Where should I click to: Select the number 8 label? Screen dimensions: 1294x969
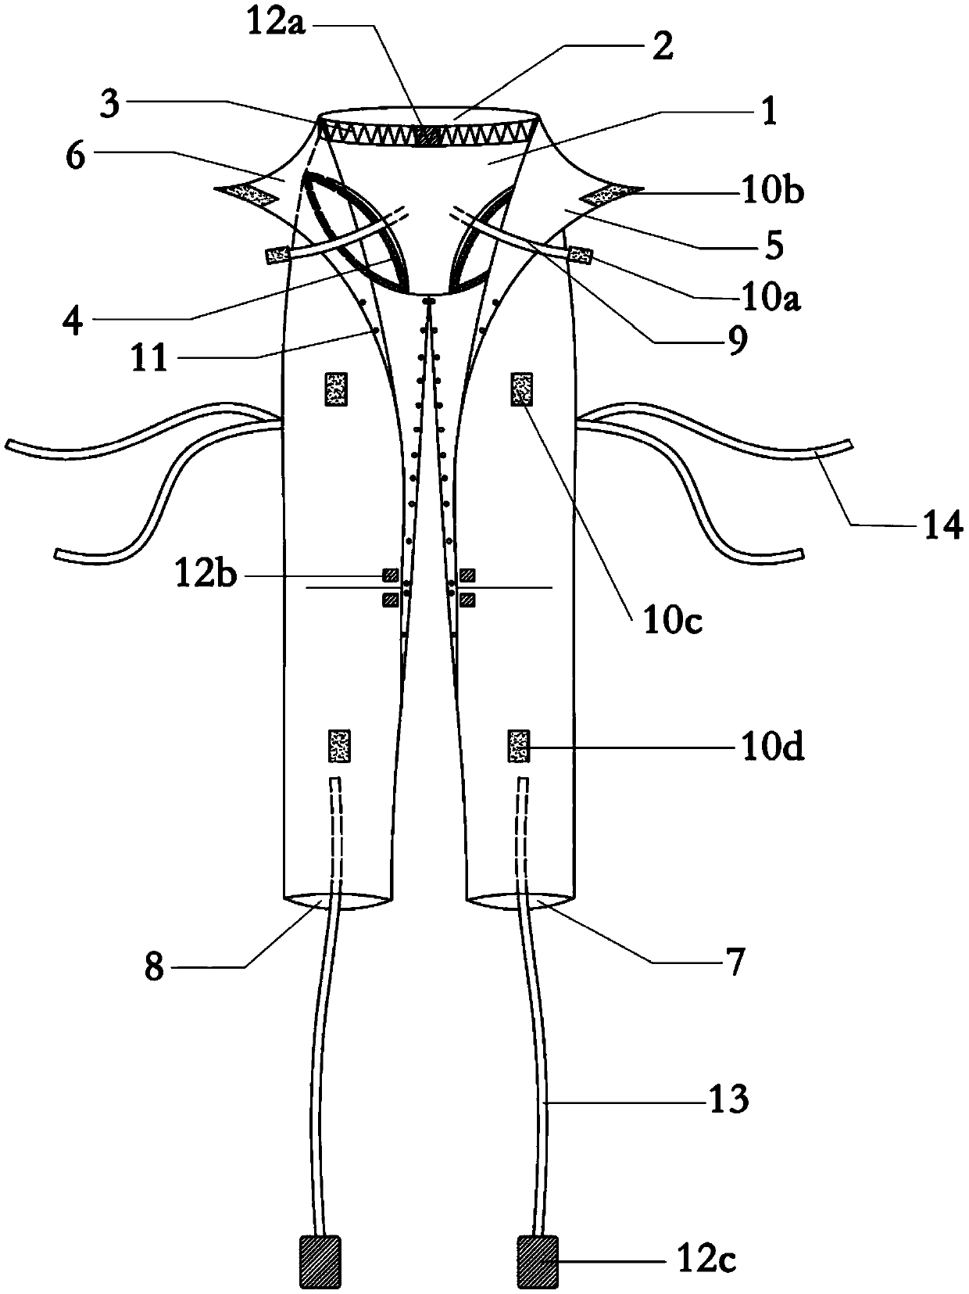(155, 968)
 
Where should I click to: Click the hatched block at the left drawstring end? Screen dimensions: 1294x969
(320, 1261)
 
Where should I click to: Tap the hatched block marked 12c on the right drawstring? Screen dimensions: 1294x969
(537, 1261)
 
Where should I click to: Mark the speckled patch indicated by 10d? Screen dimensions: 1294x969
(519, 745)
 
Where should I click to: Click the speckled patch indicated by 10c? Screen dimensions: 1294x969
(522, 389)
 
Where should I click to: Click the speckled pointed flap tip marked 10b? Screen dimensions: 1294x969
(613, 192)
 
